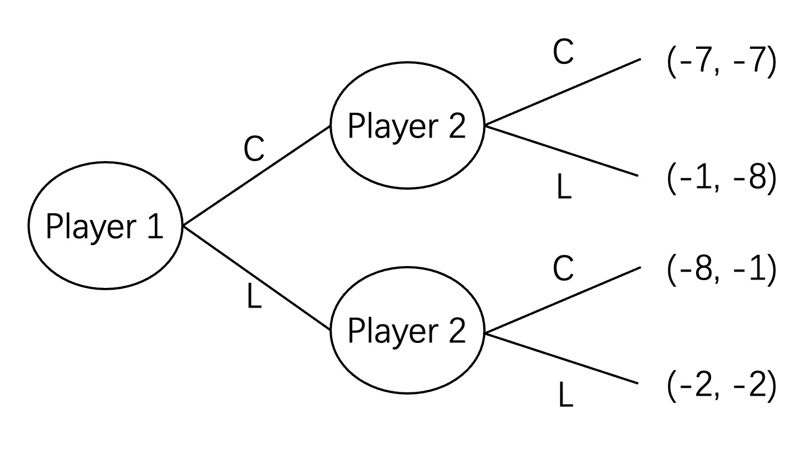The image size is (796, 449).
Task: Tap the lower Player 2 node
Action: [407, 331]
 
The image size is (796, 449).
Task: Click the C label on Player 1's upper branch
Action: [254, 150]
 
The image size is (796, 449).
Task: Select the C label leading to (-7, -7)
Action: [563, 53]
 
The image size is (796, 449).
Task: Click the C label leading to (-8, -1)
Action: [563, 268]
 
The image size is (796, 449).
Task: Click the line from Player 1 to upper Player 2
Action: [256, 176]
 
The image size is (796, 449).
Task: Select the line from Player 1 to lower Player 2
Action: [256, 278]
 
